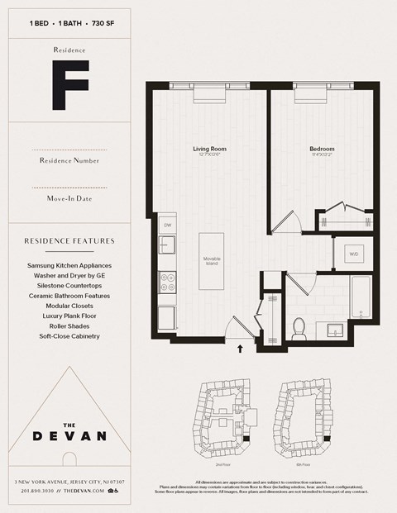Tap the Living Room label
209,150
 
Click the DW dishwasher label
167,225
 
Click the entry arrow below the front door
241,349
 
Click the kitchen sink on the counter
167,245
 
